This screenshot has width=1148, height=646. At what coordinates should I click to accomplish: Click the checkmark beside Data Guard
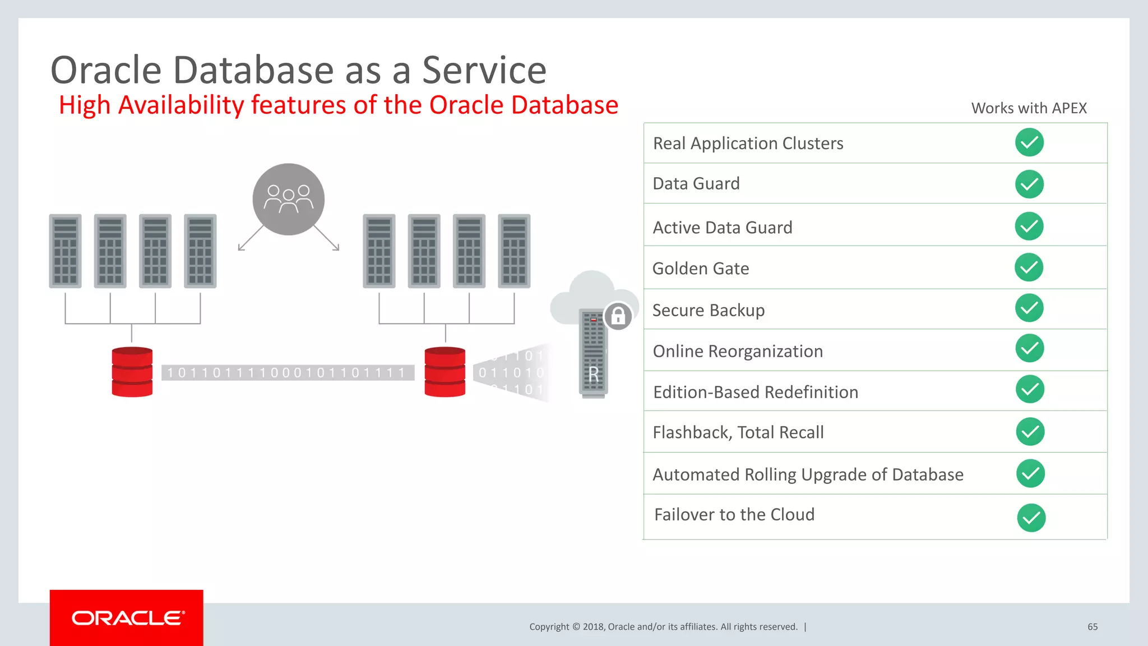click(x=1029, y=184)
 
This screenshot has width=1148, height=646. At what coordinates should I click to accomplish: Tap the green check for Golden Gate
click(x=1029, y=267)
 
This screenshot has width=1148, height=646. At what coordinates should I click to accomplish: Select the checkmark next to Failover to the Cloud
click(x=1031, y=518)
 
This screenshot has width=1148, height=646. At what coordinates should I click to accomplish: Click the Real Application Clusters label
click(x=748, y=144)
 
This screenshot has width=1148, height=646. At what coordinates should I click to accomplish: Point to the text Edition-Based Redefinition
click(x=755, y=392)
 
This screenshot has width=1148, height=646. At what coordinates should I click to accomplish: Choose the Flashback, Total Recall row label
click(x=738, y=432)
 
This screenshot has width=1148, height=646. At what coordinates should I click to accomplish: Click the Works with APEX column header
click(x=1029, y=108)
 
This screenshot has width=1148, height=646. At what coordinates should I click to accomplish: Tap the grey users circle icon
click(x=288, y=199)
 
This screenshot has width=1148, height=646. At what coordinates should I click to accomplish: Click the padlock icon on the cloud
click(x=618, y=316)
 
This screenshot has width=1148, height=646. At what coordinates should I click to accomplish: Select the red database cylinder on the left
click(x=132, y=372)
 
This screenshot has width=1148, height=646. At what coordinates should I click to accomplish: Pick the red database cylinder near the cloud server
click(x=445, y=372)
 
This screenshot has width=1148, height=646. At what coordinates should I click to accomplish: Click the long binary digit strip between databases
click(x=287, y=373)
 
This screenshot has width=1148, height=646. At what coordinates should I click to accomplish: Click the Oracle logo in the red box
click(x=128, y=618)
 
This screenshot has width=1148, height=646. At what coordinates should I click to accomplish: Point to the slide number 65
click(x=1092, y=627)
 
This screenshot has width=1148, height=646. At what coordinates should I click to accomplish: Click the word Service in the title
click(x=484, y=71)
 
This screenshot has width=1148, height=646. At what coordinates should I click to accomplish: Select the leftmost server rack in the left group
click(x=65, y=251)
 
